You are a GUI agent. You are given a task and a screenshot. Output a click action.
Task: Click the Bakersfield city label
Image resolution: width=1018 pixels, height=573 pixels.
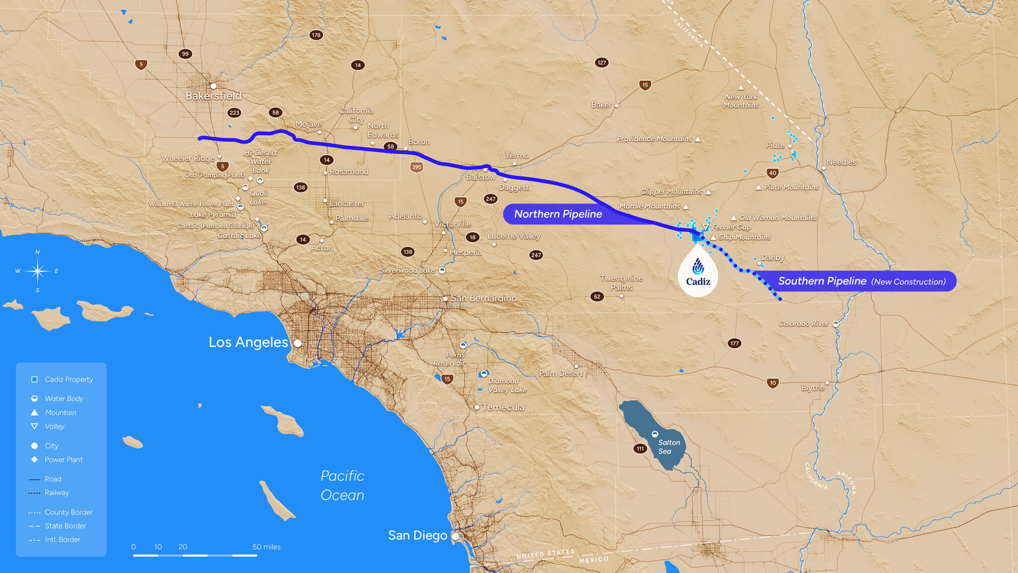tap(213, 95)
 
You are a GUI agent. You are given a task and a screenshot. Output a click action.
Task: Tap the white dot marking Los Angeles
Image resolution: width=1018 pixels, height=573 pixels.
tap(298, 343)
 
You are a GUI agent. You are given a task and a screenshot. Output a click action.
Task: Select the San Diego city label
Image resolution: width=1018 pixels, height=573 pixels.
tap(418, 535)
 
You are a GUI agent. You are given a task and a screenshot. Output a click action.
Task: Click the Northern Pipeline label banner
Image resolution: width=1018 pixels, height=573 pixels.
tap(558, 214)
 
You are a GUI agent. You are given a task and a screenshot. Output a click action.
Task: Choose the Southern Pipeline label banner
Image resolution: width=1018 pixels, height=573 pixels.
tap(861, 281)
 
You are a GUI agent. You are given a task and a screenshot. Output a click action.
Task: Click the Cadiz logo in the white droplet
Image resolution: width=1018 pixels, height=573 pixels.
tap(698, 273)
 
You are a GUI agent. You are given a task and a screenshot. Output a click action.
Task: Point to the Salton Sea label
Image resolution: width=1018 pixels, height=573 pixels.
tap(669, 447)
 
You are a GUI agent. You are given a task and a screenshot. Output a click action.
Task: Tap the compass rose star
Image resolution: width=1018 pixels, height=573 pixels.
tap(37, 271)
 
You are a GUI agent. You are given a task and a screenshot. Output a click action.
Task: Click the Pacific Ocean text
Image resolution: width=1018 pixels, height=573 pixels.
tap(342, 485)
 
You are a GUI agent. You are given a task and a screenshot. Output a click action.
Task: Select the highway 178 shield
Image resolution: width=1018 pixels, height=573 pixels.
tap(316, 35)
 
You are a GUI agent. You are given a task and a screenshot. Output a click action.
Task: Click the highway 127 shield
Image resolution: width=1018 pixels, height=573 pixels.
tap(601, 63)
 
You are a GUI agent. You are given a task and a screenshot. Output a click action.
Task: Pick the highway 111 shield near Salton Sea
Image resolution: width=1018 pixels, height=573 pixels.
tap(640, 449)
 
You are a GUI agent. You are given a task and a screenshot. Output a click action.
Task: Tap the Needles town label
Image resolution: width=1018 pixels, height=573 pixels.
tap(841, 162)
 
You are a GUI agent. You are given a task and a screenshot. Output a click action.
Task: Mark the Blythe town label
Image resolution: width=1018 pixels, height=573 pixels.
tap(813, 388)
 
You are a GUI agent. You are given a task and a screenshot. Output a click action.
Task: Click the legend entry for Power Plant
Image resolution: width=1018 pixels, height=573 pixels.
tap(64, 460)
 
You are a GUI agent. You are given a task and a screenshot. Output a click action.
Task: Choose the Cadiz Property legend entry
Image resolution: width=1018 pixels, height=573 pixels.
tap(69, 380)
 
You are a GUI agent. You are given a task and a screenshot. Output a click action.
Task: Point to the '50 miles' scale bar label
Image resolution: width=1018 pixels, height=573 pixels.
tap(266, 547)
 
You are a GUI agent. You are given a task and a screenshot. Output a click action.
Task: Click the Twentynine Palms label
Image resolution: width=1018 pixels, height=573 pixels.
tap(621, 283)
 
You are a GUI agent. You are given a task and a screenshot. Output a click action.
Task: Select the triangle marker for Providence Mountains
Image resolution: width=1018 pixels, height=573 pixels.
tap(697, 139)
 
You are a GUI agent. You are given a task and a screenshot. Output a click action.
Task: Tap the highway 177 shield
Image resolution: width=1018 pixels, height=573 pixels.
tap(734, 343)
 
